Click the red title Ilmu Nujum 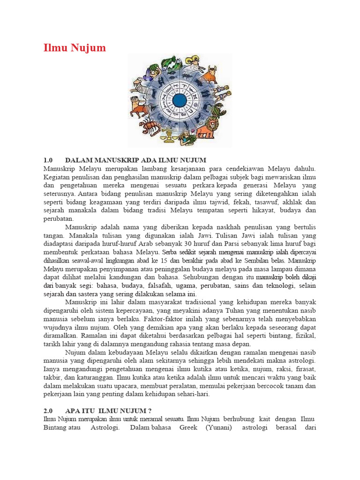coord(75,48)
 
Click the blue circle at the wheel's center coord(180,100)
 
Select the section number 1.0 coord(50,160)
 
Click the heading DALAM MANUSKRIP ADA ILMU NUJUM coord(136,160)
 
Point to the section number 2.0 coord(50,411)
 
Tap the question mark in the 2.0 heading coord(150,411)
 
